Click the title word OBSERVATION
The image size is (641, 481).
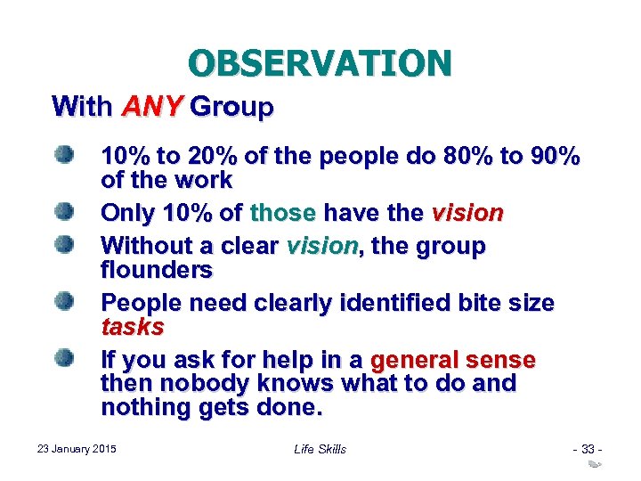320,63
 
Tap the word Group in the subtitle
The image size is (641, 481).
232,108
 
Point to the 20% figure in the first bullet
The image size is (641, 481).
201,158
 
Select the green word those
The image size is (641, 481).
283,214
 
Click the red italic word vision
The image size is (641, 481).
467,214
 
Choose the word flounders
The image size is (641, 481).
157,269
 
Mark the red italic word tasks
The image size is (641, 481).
133,327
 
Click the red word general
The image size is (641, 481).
415,361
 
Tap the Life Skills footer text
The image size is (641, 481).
320,449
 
